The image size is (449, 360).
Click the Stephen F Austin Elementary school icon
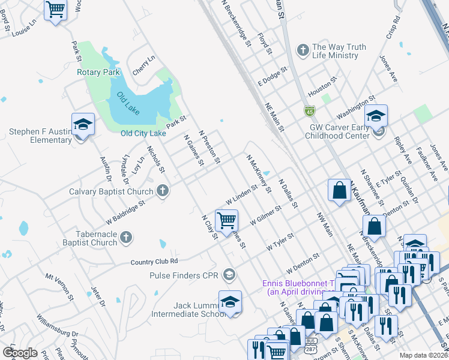(83, 125)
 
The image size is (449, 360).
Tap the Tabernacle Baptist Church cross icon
(125, 238)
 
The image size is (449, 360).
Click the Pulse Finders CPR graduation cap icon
(228, 275)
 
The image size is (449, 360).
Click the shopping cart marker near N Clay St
(226, 221)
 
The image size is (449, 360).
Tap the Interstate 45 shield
(309, 111)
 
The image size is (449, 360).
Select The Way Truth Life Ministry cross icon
(303, 50)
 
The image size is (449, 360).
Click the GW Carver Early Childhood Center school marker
(376, 116)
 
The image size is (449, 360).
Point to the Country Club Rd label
(154, 262)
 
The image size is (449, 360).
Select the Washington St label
(355, 106)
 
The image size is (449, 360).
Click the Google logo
(20, 352)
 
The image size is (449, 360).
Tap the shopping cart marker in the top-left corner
(55, 10)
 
